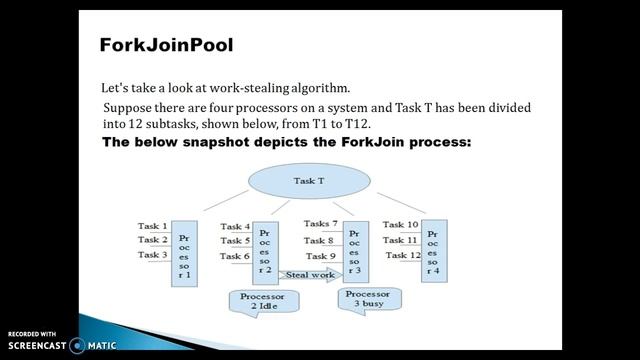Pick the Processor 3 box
coord(355,251)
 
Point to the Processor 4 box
coord(433,251)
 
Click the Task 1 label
coord(152,225)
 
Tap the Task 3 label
coord(152,256)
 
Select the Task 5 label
coord(234,241)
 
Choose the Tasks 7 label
coord(321,224)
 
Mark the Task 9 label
coord(320,257)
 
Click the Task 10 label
coord(400,225)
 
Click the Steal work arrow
coord(306,274)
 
